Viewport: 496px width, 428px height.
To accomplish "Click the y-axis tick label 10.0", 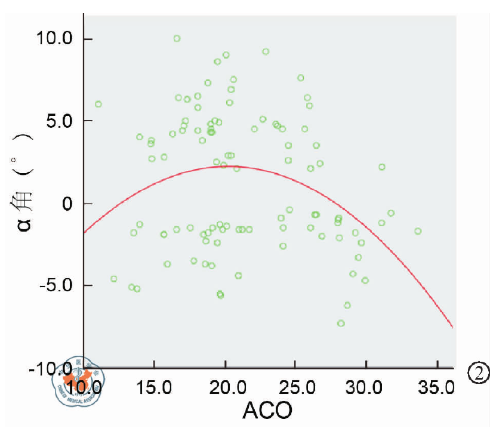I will [54, 39].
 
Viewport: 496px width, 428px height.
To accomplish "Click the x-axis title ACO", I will [267, 410].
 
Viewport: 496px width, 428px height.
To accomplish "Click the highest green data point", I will [177, 38].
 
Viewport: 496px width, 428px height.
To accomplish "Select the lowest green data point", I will [341, 323].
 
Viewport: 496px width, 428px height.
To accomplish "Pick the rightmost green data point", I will [418, 231].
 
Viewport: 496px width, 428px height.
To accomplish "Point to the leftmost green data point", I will [98, 104].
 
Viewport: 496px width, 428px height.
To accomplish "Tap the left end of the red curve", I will [84, 232].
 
